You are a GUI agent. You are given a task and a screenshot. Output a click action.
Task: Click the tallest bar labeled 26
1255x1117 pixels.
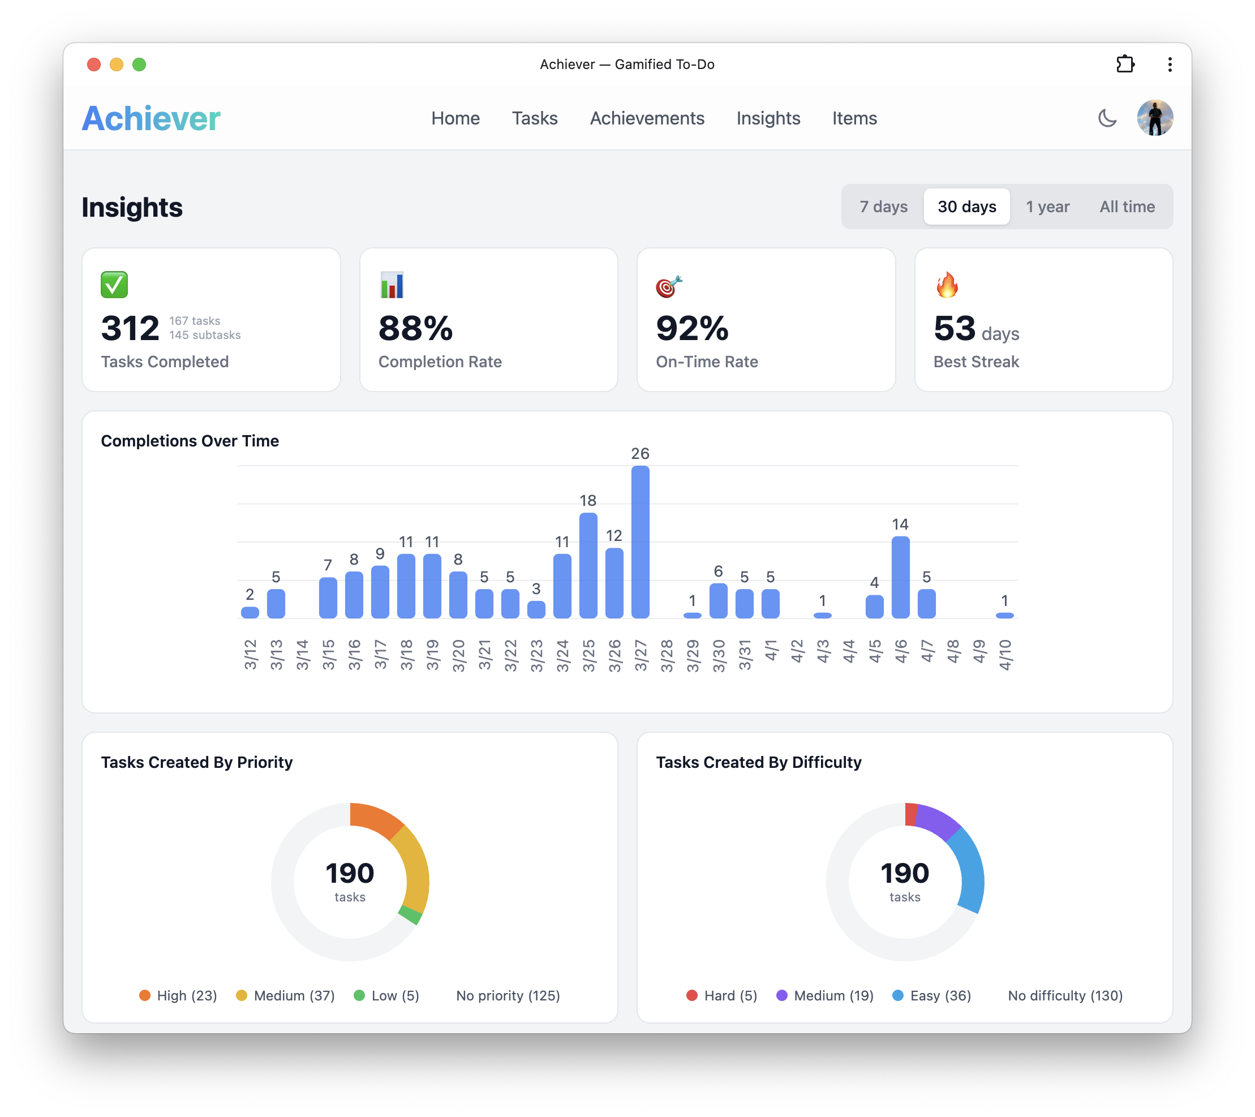[640, 542]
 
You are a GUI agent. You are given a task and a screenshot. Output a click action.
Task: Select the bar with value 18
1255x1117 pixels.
[588, 565]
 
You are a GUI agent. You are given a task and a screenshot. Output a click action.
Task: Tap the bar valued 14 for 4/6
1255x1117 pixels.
[900, 577]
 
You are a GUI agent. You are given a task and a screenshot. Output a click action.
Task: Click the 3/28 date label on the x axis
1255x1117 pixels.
[667, 655]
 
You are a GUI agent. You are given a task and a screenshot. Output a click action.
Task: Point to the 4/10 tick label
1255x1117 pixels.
[1004, 655]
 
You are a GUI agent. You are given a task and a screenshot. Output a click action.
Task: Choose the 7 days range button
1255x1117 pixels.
[883, 207]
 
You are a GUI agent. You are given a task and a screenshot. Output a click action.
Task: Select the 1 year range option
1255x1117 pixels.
[1047, 207]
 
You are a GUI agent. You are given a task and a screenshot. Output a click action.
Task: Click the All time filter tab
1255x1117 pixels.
[1127, 207]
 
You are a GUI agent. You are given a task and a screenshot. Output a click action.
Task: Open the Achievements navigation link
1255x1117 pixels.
[647, 118]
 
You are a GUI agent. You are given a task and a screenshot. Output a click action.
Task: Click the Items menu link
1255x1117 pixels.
[854, 118]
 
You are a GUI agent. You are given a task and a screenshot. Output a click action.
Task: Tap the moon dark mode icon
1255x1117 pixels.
[1106, 118]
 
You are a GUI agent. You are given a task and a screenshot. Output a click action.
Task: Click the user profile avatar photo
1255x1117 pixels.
[1154, 118]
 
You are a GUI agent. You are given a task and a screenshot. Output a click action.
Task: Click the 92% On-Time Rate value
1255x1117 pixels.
[692, 329]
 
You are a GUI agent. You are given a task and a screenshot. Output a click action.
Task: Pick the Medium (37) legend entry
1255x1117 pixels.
[286, 995]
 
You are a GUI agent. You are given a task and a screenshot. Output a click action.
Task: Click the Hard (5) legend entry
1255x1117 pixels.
[722, 995]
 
